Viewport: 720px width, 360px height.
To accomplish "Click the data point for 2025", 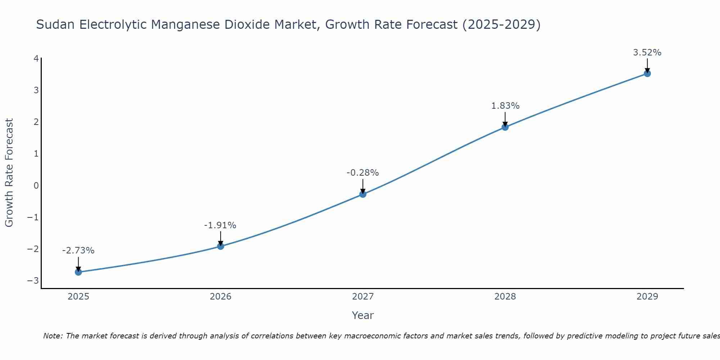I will coord(78,272).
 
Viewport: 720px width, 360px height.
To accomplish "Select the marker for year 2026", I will coord(221,246).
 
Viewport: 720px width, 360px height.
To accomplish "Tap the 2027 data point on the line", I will coord(363,194).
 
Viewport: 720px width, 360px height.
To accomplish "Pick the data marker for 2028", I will coord(505,127).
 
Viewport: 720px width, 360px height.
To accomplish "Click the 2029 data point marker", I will coord(647,73).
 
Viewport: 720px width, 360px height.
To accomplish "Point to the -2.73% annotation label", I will coord(78,251).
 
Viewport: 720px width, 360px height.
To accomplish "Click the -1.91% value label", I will coord(220,225).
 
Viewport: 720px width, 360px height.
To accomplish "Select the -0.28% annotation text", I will coord(363,173).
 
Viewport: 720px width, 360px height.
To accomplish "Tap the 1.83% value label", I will coord(505,106).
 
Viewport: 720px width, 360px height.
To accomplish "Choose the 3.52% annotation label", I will coord(647,53).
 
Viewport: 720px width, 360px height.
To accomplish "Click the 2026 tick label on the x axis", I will coord(221,297).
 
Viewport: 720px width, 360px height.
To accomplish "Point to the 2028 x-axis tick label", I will coord(505,297).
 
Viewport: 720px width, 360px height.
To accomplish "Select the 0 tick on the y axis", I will coord(36,186).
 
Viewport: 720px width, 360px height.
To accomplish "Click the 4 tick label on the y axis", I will coord(36,58).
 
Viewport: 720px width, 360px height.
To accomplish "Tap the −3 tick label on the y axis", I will coord(33,281).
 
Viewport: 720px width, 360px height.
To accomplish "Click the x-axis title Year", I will coord(363,315).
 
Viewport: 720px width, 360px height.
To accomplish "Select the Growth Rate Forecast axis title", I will coord(9,173).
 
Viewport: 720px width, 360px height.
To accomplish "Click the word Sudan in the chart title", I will coord(56,24).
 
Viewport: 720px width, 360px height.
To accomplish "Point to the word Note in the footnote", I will coord(53,336).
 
